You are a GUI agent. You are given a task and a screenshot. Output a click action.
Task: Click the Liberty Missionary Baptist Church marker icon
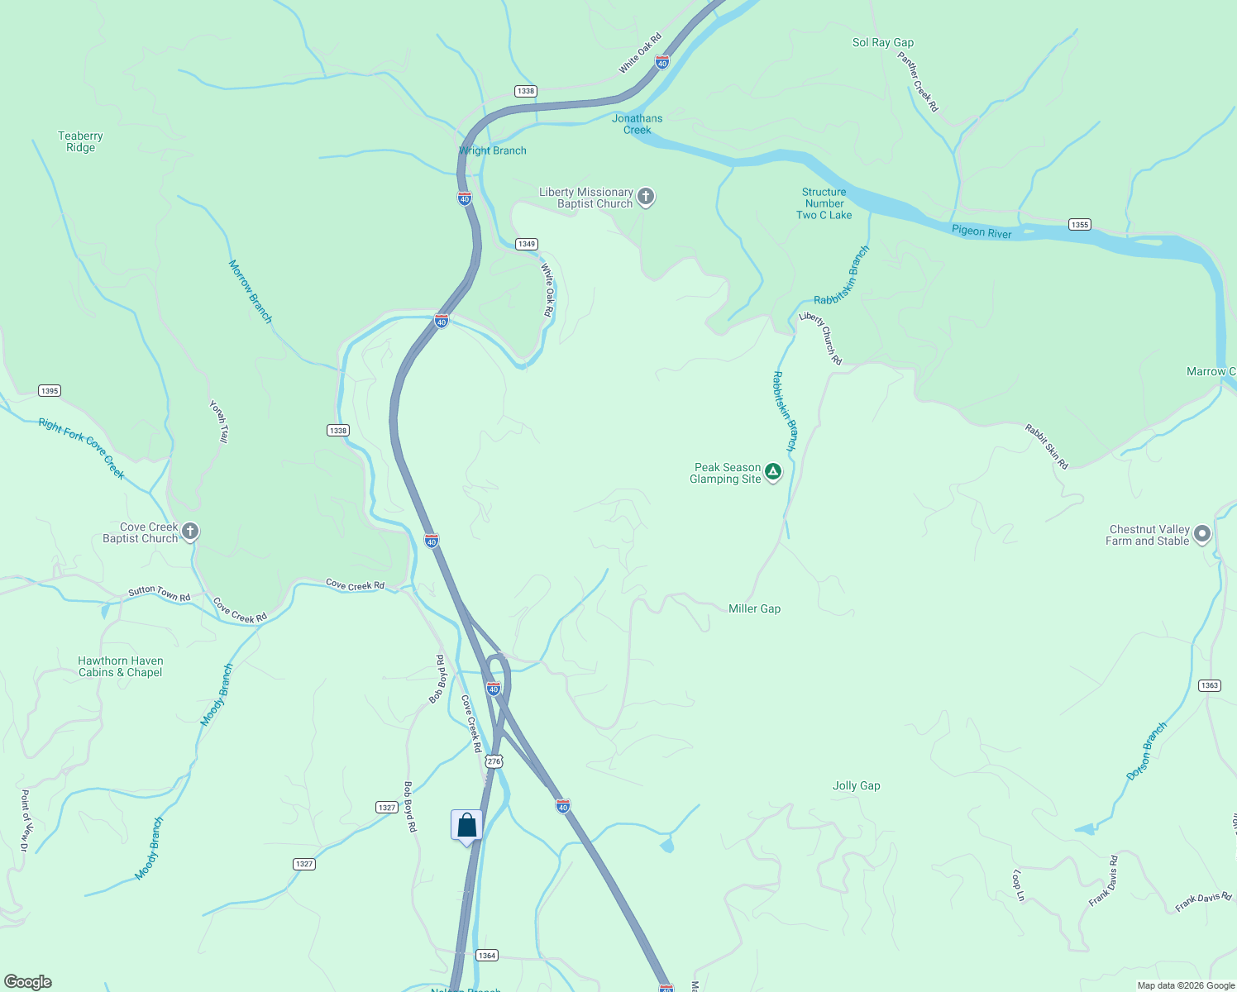click(646, 197)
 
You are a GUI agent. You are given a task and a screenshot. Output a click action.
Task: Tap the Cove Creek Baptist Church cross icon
click(190, 532)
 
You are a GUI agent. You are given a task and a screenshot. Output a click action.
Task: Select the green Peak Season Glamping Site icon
click(773, 472)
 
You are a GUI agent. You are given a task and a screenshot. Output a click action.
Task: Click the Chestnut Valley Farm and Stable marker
click(1202, 534)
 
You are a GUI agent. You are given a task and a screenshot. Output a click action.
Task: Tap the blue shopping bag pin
click(466, 826)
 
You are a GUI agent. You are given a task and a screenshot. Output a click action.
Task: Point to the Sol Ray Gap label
click(883, 42)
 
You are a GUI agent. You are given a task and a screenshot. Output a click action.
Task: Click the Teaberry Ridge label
click(81, 141)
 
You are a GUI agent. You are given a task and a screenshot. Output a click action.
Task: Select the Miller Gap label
click(754, 608)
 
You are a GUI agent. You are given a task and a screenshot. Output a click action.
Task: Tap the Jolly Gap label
click(856, 785)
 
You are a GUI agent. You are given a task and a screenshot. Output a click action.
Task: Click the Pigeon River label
click(981, 231)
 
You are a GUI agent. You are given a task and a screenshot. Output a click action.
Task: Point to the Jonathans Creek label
click(637, 124)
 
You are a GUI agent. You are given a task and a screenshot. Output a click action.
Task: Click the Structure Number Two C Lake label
click(824, 203)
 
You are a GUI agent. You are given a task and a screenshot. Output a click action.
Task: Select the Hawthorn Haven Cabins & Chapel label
click(121, 666)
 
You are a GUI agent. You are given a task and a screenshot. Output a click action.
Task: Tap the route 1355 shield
click(1079, 224)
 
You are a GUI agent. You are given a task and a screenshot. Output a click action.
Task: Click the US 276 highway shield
click(494, 761)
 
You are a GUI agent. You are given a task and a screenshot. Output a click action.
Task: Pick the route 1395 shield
click(50, 390)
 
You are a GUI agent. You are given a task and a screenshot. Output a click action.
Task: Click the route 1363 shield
click(1209, 685)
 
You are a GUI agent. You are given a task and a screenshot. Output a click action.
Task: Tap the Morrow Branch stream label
click(251, 291)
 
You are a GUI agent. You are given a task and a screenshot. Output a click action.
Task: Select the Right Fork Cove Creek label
click(82, 448)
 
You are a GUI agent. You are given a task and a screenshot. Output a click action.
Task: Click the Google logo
click(28, 982)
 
